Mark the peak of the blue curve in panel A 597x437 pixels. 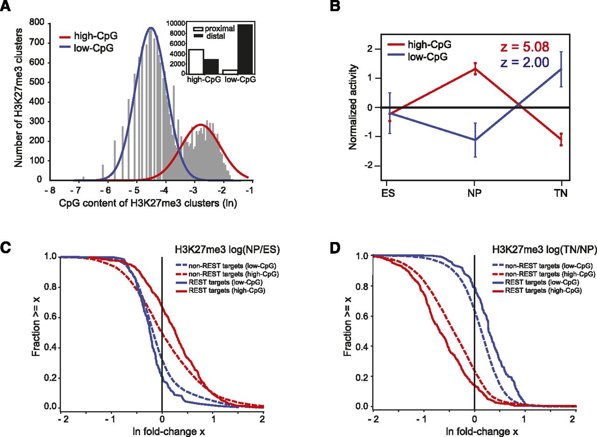pyautogui.click(x=151, y=28)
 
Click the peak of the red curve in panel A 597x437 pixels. pyautogui.click(x=201, y=125)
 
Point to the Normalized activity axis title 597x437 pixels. pyautogui.click(x=353, y=107)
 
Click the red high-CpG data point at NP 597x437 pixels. pyautogui.click(x=475, y=69)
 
